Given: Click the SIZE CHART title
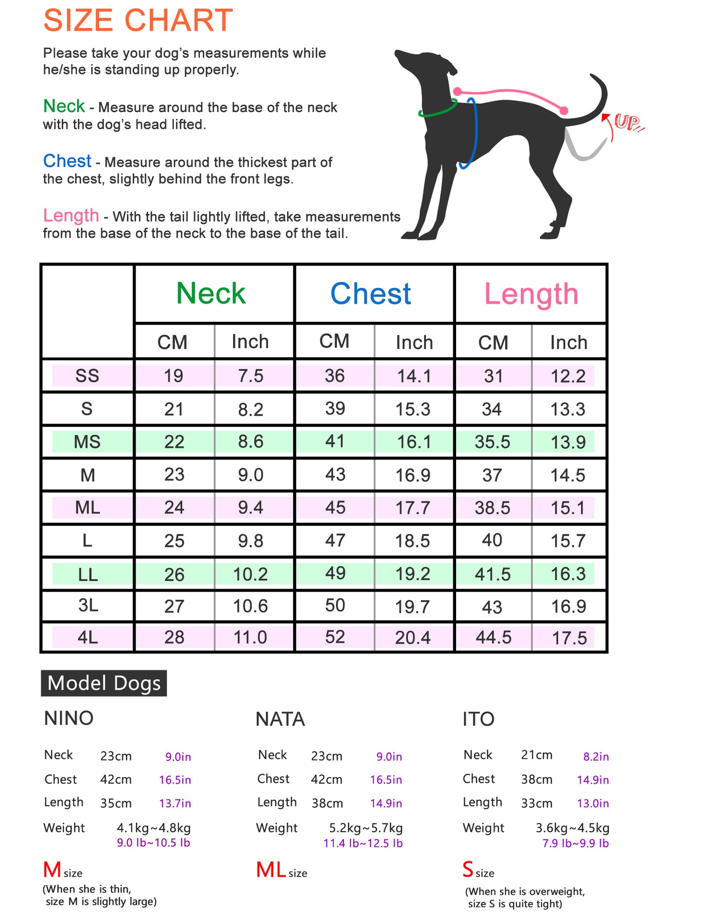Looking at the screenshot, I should [138, 21].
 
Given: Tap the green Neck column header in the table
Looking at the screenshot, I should [211, 294].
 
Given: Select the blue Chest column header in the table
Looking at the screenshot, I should [371, 294].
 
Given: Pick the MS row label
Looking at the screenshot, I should [87, 442].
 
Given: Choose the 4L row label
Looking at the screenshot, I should [87, 637].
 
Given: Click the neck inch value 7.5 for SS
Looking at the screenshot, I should [250, 376].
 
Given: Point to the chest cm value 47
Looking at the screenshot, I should [335, 540].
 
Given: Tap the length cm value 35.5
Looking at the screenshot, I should [493, 442].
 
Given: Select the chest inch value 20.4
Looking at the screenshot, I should [413, 638].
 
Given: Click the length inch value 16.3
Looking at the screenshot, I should [568, 574].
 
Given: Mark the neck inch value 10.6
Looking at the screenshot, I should [250, 606].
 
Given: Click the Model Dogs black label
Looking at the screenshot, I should [104, 683].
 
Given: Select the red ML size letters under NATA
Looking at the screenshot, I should [271, 870].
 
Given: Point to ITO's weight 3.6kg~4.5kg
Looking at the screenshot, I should [572, 828].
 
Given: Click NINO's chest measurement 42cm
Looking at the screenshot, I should [116, 780].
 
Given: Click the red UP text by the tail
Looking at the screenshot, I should [627, 122].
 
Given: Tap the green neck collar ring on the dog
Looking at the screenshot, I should [437, 110].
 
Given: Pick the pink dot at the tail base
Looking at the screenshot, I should [564, 111].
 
